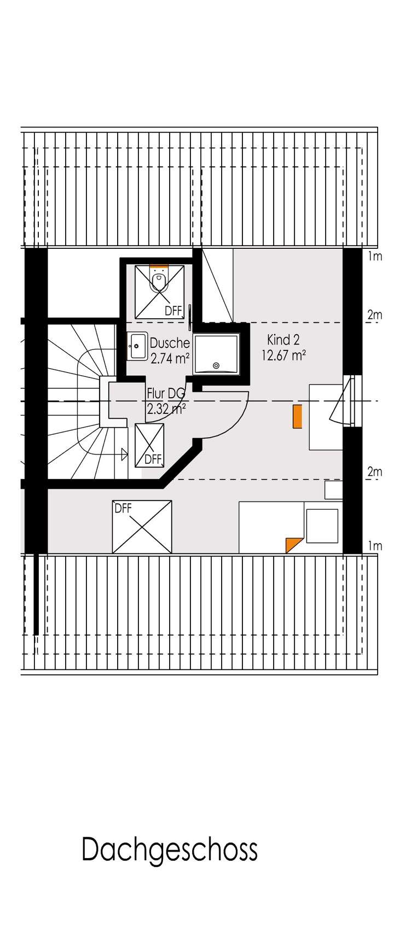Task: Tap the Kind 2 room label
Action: tap(283, 340)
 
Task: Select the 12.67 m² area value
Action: tap(283, 356)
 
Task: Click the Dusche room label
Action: tap(170, 343)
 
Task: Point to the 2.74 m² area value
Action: tap(170, 358)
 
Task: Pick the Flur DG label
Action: tap(166, 393)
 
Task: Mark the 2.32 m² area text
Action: tap(166, 408)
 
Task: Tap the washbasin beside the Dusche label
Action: tap(137, 346)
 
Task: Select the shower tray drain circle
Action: tap(216, 365)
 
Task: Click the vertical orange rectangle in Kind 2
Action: tap(297, 416)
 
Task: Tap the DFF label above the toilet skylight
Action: tap(173, 311)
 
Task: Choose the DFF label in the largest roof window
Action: tap(123, 508)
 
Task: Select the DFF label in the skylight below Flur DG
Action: tap(153, 459)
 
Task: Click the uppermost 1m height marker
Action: tap(375, 256)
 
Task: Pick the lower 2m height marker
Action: tap(374, 471)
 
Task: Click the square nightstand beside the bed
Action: tap(322, 526)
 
